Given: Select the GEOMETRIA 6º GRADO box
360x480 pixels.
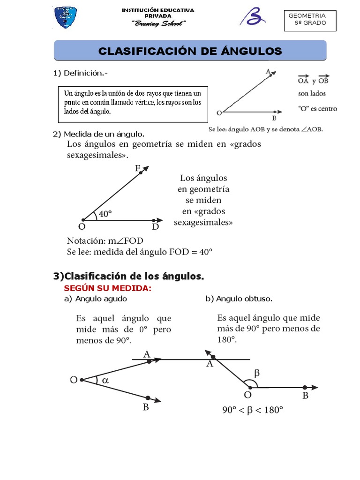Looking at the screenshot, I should pos(310,21).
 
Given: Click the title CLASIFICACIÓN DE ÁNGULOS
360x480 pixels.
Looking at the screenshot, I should pos(190,51).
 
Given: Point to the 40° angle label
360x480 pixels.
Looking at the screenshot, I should pos(105,214).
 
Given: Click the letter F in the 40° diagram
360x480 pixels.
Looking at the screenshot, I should pos(138,168).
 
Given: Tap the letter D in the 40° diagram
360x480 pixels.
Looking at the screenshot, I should pos(156,227).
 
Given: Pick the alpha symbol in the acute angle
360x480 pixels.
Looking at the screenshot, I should pos(105,381).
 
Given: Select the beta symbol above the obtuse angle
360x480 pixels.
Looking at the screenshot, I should pos(256,374).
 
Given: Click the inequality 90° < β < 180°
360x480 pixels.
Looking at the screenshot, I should pos(253,411).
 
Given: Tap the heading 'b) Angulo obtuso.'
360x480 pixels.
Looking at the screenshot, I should pos(239,299).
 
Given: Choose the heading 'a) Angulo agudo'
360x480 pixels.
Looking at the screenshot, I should pos(96,299).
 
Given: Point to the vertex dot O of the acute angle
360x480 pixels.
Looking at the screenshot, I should pos(82,380).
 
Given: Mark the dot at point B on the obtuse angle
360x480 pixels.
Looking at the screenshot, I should pos(305,387).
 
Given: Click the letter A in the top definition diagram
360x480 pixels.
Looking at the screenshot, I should pos(268,72).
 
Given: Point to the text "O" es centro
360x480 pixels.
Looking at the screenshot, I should pos(317,109).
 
